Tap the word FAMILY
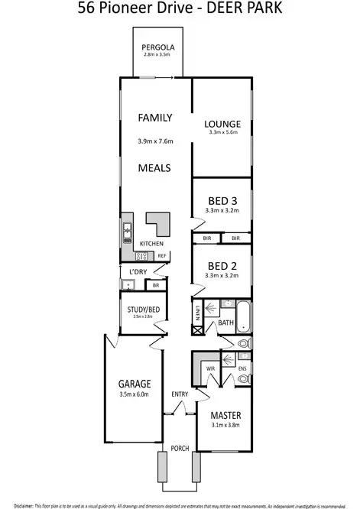coord(154,118)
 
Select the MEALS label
coord(154,167)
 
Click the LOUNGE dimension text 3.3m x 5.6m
coord(223,133)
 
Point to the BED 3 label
coord(223,201)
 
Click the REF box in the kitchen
coord(162,255)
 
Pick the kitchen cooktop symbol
coord(143,255)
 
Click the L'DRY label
coord(138,272)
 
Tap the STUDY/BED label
coord(143,310)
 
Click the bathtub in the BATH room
coord(243,316)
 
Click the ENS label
coord(241,368)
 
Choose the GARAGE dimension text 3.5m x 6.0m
coord(134,395)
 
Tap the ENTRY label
coord(180,394)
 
